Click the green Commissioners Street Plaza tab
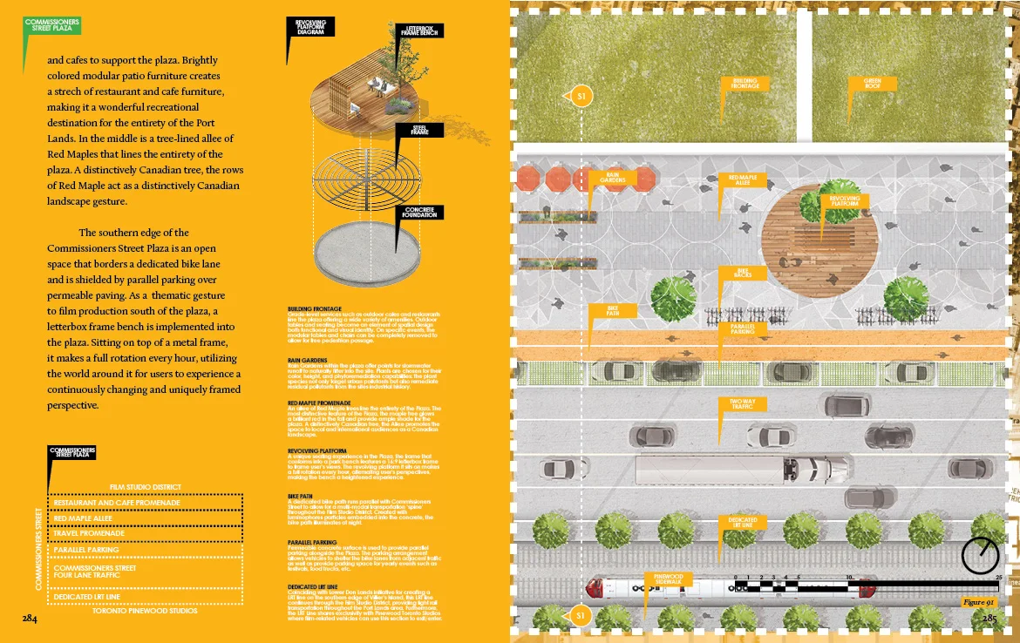click(x=51, y=24)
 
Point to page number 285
click(x=989, y=619)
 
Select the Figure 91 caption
click(x=977, y=602)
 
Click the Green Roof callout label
click(x=872, y=84)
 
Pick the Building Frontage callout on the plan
click(x=745, y=84)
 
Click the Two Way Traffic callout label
click(x=743, y=404)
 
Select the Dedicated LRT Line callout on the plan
click(x=743, y=523)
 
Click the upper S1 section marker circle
click(x=581, y=96)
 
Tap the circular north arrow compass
click(x=981, y=555)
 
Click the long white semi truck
click(x=741, y=470)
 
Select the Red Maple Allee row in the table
click(x=147, y=518)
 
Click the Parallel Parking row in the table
click(x=147, y=550)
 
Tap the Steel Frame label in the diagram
click(x=421, y=130)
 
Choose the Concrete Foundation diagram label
click(x=421, y=212)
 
